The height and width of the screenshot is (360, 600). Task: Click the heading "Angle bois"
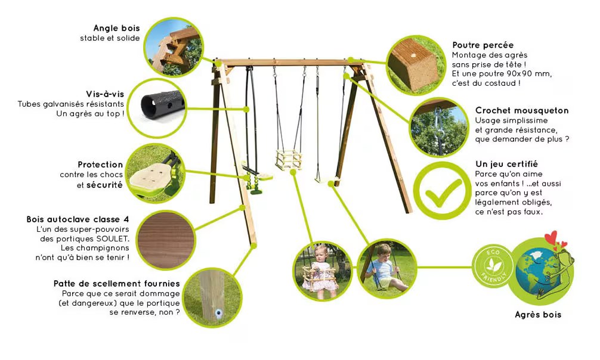click(116, 28)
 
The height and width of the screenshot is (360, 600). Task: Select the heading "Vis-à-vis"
click(105, 94)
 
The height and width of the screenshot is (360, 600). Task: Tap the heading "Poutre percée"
click(483, 45)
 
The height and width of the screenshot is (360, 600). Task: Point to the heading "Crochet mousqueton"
click(522, 111)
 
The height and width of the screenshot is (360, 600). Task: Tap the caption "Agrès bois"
click(538, 315)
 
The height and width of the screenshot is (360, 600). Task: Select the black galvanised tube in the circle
click(162, 105)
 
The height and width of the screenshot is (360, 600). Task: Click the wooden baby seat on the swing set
click(288, 160)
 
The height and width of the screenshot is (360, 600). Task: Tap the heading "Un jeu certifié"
click(506, 164)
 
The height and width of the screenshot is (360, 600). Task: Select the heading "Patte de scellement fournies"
click(117, 284)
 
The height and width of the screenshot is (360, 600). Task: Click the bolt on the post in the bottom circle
click(218, 314)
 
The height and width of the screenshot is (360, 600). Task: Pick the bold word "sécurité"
click(104, 185)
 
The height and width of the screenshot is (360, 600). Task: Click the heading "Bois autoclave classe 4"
click(78, 219)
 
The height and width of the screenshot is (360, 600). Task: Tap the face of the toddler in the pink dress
click(320, 254)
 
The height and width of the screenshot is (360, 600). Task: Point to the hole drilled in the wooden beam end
click(413, 55)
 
